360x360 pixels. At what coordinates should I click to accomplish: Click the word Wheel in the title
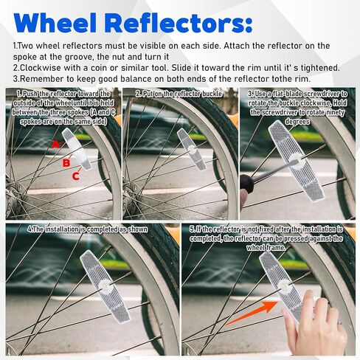click(55, 24)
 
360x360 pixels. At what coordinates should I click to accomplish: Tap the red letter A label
click(56, 145)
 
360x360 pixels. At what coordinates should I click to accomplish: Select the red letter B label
click(66, 163)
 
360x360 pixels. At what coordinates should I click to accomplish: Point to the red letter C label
click(76, 176)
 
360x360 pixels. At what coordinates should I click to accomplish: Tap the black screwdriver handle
click(246, 184)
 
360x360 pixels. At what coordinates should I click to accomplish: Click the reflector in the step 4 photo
click(105, 286)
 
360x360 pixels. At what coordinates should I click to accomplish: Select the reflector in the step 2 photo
click(191, 149)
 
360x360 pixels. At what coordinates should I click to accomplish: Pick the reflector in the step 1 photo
click(77, 149)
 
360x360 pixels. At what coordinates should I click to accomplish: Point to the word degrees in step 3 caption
click(297, 122)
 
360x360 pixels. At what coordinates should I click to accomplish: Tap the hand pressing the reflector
click(316, 322)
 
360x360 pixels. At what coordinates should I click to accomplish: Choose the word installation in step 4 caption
click(62, 229)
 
